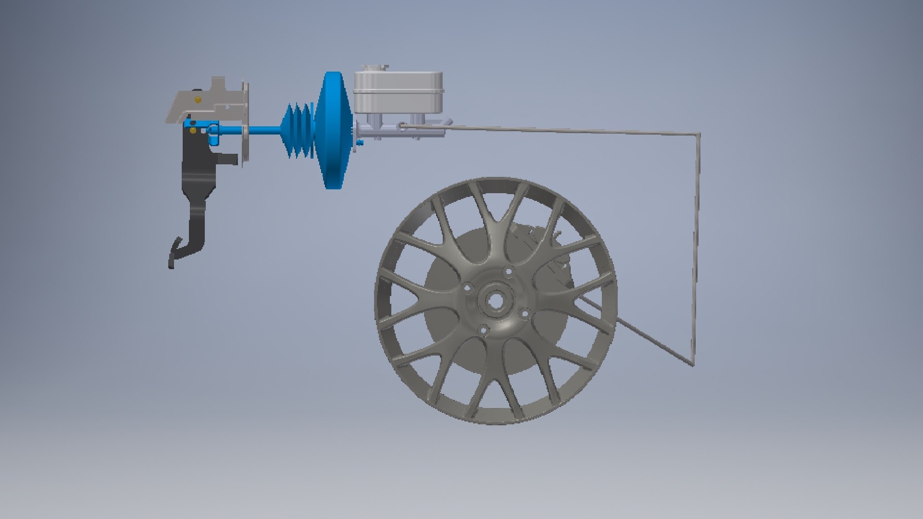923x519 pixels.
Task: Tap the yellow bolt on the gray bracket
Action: coord(198,99)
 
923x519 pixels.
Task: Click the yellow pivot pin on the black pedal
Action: coord(193,130)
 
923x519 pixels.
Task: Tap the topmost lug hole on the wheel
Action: coord(508,272)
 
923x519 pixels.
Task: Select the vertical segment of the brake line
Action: coord(696,240)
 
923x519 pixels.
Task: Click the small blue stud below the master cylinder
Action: coord(360,143)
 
